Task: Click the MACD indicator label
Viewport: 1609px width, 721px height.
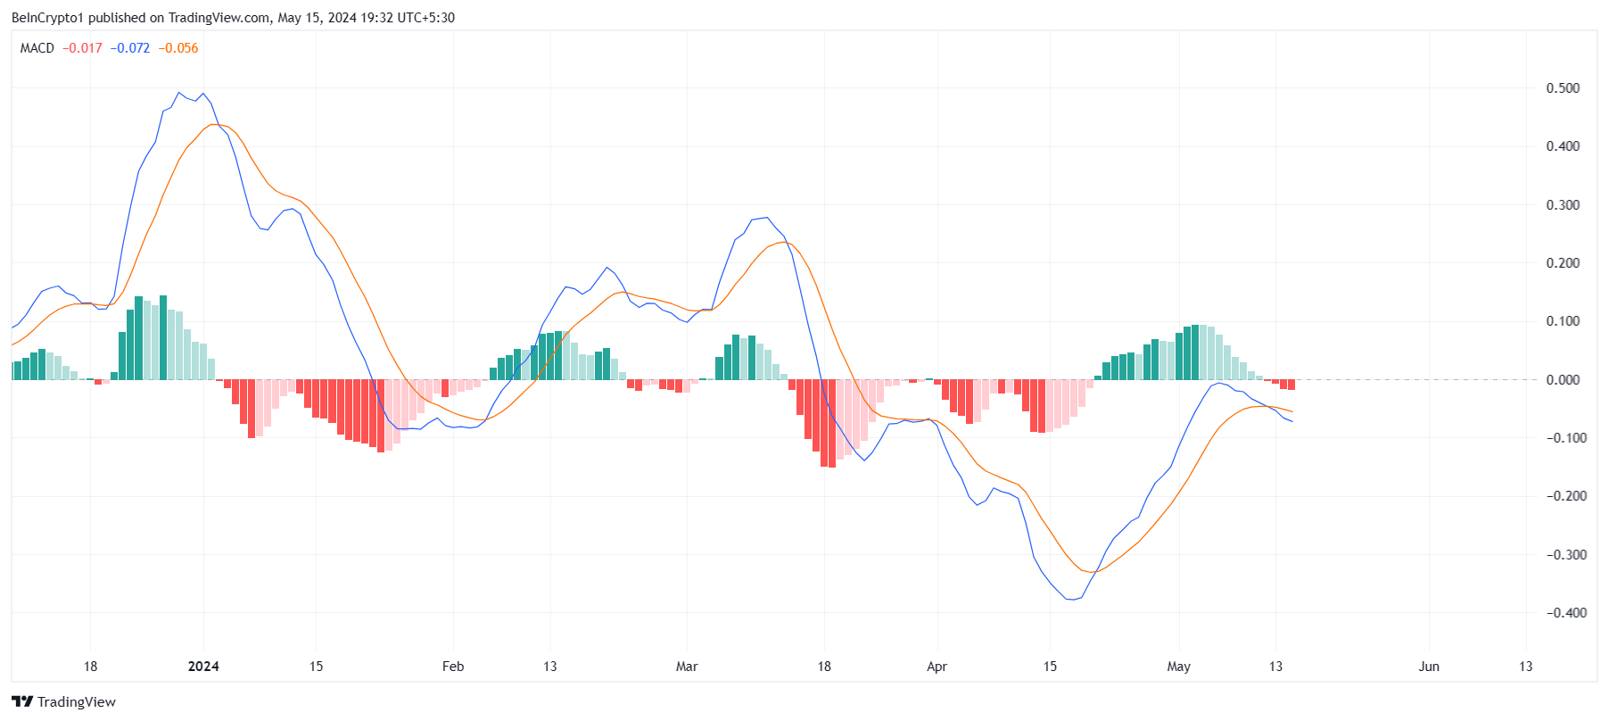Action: click(37, 48)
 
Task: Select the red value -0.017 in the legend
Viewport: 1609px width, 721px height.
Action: click(82, 48)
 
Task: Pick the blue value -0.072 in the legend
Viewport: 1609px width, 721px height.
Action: click(130, 48)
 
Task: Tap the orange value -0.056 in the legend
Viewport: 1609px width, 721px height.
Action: click(178, 48)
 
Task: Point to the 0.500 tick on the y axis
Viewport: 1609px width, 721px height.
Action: click(1563, 88)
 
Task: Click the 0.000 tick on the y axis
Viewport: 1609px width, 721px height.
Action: click(1563, 380)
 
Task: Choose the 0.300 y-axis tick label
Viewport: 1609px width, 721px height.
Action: click(1563, 205)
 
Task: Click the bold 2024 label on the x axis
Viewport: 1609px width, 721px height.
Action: click(203, 667)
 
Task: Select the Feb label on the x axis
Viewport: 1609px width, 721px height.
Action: click(453, 667)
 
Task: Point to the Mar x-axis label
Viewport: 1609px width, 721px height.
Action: click(687, 667)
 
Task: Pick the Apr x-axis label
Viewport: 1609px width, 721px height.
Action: click(937, 667)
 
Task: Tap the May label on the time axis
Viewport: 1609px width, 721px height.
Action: click(1179, 667)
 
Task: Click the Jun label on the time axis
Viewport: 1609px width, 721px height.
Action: click(1429, 667)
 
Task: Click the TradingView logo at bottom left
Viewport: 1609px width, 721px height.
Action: click(63, 702)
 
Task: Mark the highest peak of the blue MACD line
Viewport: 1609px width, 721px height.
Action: click(179, 92)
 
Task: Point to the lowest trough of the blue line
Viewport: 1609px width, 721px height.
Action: click(1073, 600)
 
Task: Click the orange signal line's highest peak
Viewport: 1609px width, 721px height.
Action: click(214, 124)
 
